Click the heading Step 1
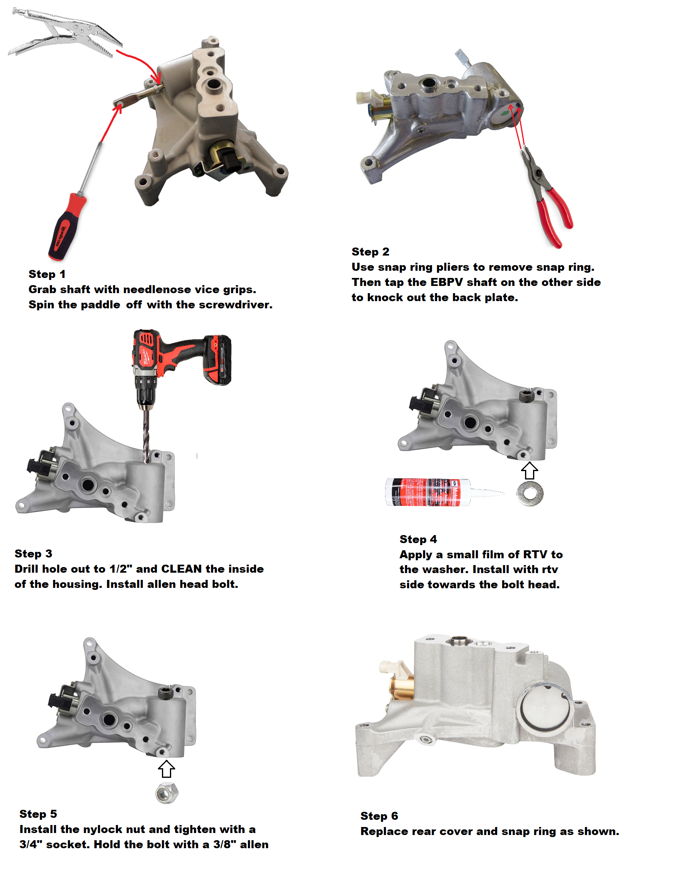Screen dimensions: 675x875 47,274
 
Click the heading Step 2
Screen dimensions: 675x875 370,252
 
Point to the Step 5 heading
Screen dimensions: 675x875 38,814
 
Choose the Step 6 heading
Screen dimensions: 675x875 379,816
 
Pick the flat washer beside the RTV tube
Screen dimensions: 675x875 529,493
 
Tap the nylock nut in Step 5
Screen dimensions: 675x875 167,793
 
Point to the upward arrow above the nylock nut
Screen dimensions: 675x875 166,769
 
